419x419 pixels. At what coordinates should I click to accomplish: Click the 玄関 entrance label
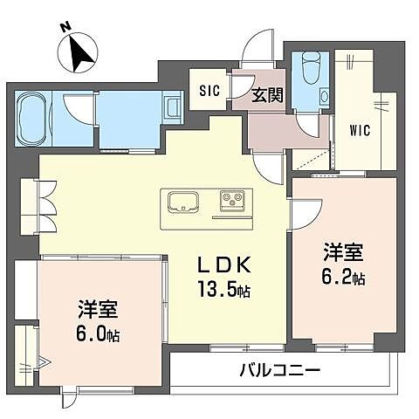click(x=267, y=96)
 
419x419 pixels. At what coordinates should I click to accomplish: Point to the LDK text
click(x=223, y=265)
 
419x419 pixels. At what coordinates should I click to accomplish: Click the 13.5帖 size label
click(x=224, y=291)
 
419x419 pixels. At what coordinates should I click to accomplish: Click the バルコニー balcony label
click(x=279, y=370)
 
